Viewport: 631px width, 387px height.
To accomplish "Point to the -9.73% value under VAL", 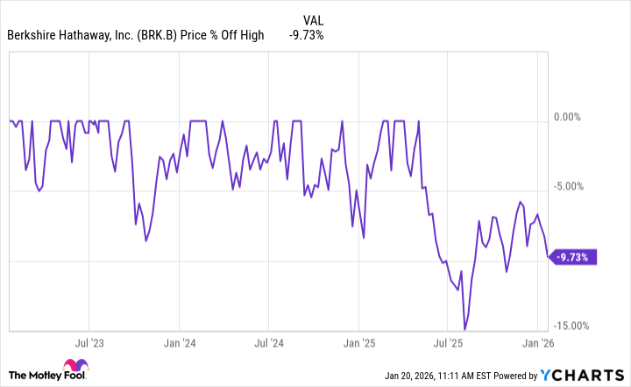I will (306, 35).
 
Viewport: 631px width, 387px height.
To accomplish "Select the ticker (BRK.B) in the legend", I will (160, 35).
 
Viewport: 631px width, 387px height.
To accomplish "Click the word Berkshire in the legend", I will (34, 35).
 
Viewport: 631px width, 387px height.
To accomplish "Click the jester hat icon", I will (73, 368).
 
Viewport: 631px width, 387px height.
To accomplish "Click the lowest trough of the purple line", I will (464, 329).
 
